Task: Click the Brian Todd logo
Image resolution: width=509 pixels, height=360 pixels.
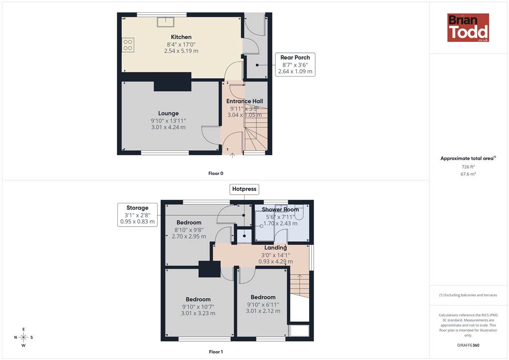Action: pyautogui.click(x=468, y=27)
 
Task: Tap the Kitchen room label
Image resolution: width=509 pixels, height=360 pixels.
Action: pyautogui.click(x=181, y=37)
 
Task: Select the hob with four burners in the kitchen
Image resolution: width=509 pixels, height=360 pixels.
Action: pyautogui.click(x=128, y=45)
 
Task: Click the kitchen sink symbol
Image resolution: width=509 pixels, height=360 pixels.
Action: pyautogui.click(x=166, y=22)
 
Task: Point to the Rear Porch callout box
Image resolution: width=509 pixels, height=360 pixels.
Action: pyautogui.click(x=295, y=65)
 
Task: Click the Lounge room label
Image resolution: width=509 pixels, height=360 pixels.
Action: pyautogui.click(x=168, y=113)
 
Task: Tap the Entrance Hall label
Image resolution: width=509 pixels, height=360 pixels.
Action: pyautogui.click(x=245, y=101)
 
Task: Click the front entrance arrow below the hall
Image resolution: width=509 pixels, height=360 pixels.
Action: pyautogui.click(x=233, y=156)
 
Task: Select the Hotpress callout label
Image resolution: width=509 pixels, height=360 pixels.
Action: pyautogui.click(x=244, y=189)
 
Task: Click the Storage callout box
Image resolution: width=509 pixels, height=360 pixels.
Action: pyautogui.click(x=137, y=215)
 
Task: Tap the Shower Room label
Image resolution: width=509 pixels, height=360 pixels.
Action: pyautogui.click(x=280, y=210)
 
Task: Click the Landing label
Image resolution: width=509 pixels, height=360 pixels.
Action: pyautogui.click(x=275, y=248)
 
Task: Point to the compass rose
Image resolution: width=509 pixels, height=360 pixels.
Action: pyautogui.click(x=23, y=337)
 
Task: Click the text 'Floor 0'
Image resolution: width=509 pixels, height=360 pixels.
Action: pyautogui.click(x=216, y=174)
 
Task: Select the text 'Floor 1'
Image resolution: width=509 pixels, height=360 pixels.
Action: pyautogui.click(x=216, y=352)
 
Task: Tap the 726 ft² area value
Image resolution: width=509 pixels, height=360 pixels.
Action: pyautogui.click(x=468, y=167)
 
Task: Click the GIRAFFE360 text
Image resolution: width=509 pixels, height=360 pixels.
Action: pyautogui.click(x=468, y=345)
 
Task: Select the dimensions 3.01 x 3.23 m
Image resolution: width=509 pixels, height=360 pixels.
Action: pyautogui.click(x=198, y=313)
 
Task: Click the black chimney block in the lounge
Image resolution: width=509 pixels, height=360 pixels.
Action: pyautogui.click(x=172, y=82)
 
